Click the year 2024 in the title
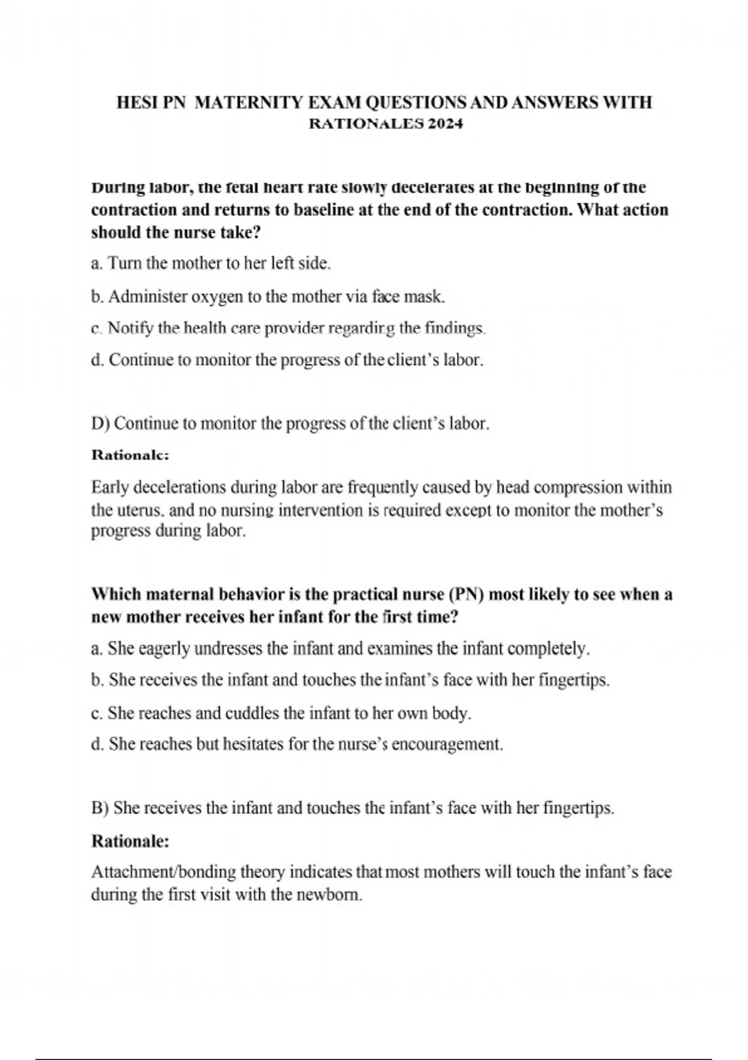[x=445, y=123]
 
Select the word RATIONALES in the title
[x=367, y=123]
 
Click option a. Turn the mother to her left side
[x=211, y=264]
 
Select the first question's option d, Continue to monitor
[x=287, y=360]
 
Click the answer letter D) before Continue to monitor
[x=100, y=424]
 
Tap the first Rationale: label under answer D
[x=130, y=455]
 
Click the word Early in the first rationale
[x=110, y=487]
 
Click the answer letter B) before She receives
[x=100, y=809]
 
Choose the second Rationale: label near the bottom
[x=130, y=842]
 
